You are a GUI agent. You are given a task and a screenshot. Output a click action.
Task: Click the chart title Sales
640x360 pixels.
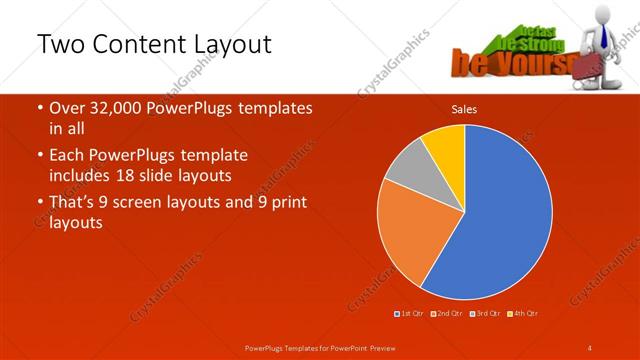tap(464, 109)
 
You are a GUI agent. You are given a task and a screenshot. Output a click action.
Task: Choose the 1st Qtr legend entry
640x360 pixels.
tap(411, 314)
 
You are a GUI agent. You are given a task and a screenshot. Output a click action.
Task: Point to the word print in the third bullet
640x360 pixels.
tap(287, 202)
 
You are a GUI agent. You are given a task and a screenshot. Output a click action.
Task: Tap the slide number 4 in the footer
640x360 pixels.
tap(589, 347)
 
